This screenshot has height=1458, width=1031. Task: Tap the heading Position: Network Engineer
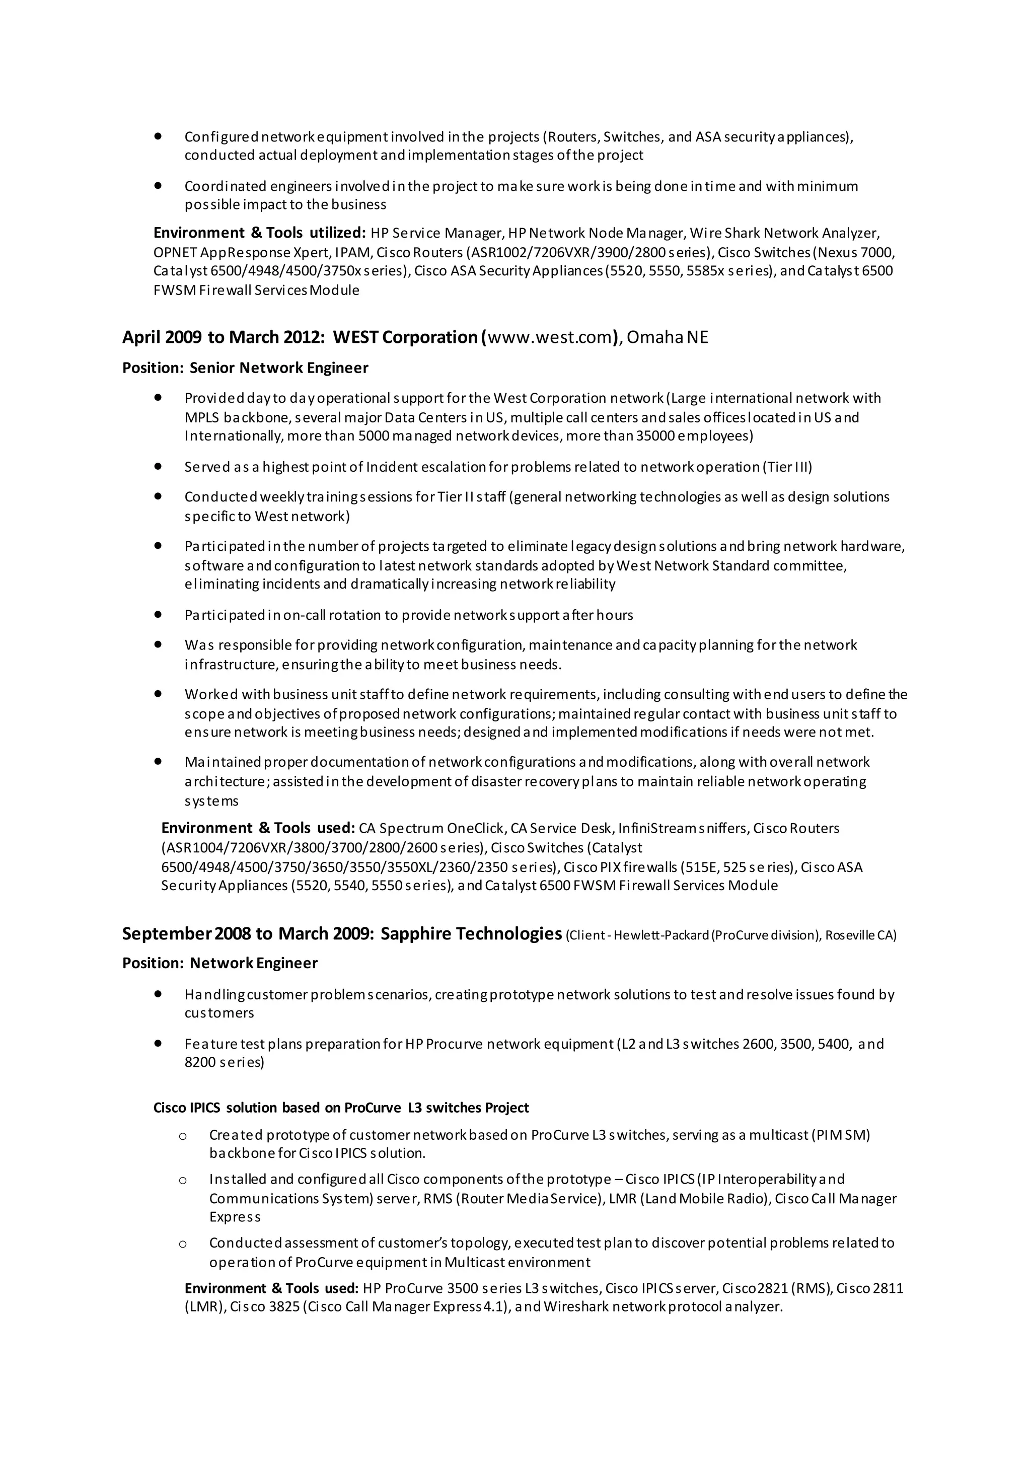[x=219, y=963]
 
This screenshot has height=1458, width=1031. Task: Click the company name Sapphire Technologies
[x=471, y=933]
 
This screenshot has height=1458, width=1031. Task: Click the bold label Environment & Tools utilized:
[x=260, y=233]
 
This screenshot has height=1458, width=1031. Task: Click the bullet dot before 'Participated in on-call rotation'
[x=158, y=615]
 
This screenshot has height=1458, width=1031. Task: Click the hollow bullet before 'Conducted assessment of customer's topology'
[x=183, y=1244]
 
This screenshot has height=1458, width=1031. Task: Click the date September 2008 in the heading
[x=187, y=933]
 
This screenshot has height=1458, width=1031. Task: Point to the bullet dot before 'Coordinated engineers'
[x=158, y=186]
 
